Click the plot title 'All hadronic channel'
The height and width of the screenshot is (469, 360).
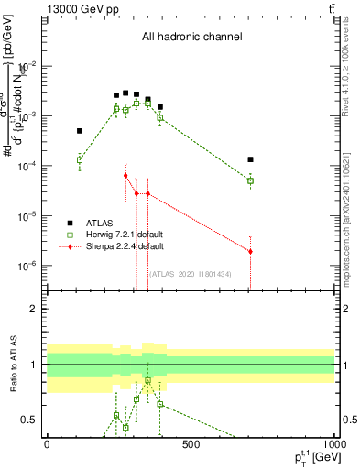(191, 38)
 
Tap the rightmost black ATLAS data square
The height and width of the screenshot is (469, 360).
(250, 159)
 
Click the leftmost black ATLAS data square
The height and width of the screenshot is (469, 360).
(80, 131)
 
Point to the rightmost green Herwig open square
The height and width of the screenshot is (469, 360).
(250, 180)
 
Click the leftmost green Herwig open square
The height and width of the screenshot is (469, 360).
(80, 159)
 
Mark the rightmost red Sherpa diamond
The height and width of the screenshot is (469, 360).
(250, 251)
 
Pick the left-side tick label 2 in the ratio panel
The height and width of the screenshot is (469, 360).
(33, 309)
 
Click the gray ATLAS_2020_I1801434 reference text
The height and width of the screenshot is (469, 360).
(190, 273)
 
